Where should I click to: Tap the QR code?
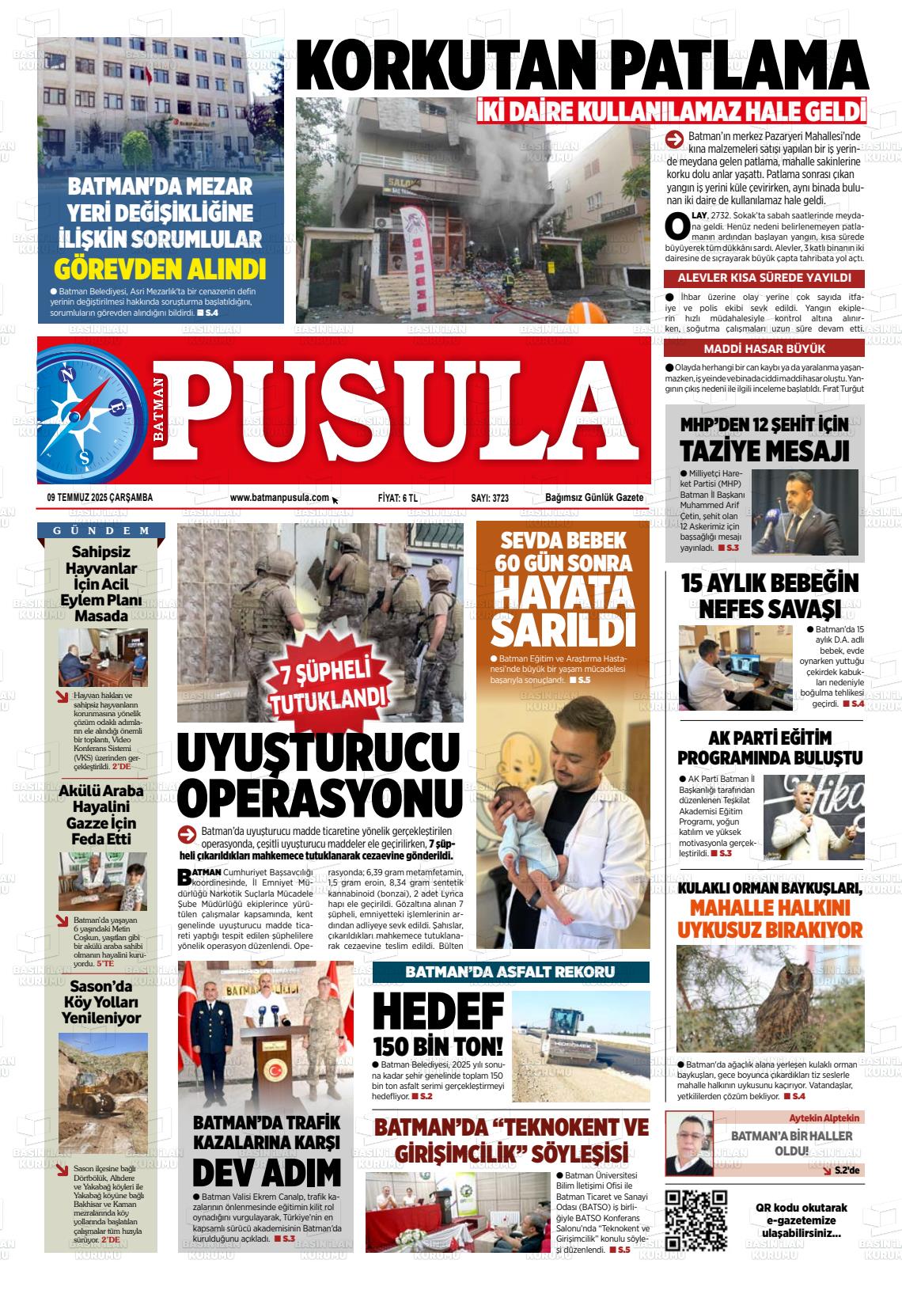coord(696,1220)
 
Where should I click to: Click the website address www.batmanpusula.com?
coord(279,498)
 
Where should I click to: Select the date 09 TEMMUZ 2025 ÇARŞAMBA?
coord(100,498)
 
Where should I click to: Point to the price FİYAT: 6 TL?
coord(397,498)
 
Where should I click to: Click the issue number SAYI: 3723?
coord(489,498)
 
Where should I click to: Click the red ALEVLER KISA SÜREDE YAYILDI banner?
coord(764,278)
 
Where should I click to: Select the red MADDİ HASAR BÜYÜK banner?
coord(764,349)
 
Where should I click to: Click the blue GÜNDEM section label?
coord(101,530)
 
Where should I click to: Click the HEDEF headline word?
coord(438,1011)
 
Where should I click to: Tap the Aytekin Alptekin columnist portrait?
coord(688,1144)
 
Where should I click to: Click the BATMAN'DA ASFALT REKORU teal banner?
coord(510,972)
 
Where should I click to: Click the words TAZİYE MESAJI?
coord(764,450)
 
